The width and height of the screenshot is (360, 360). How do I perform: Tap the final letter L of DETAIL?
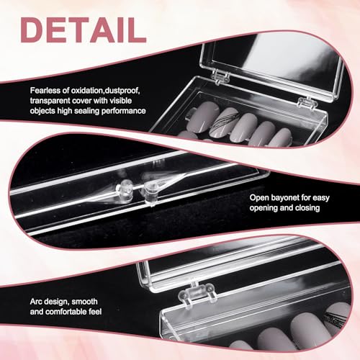pos(126,30)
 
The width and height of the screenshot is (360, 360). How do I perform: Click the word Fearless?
pos(47,90)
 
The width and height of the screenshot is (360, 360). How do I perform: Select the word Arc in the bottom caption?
pos(37,300)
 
